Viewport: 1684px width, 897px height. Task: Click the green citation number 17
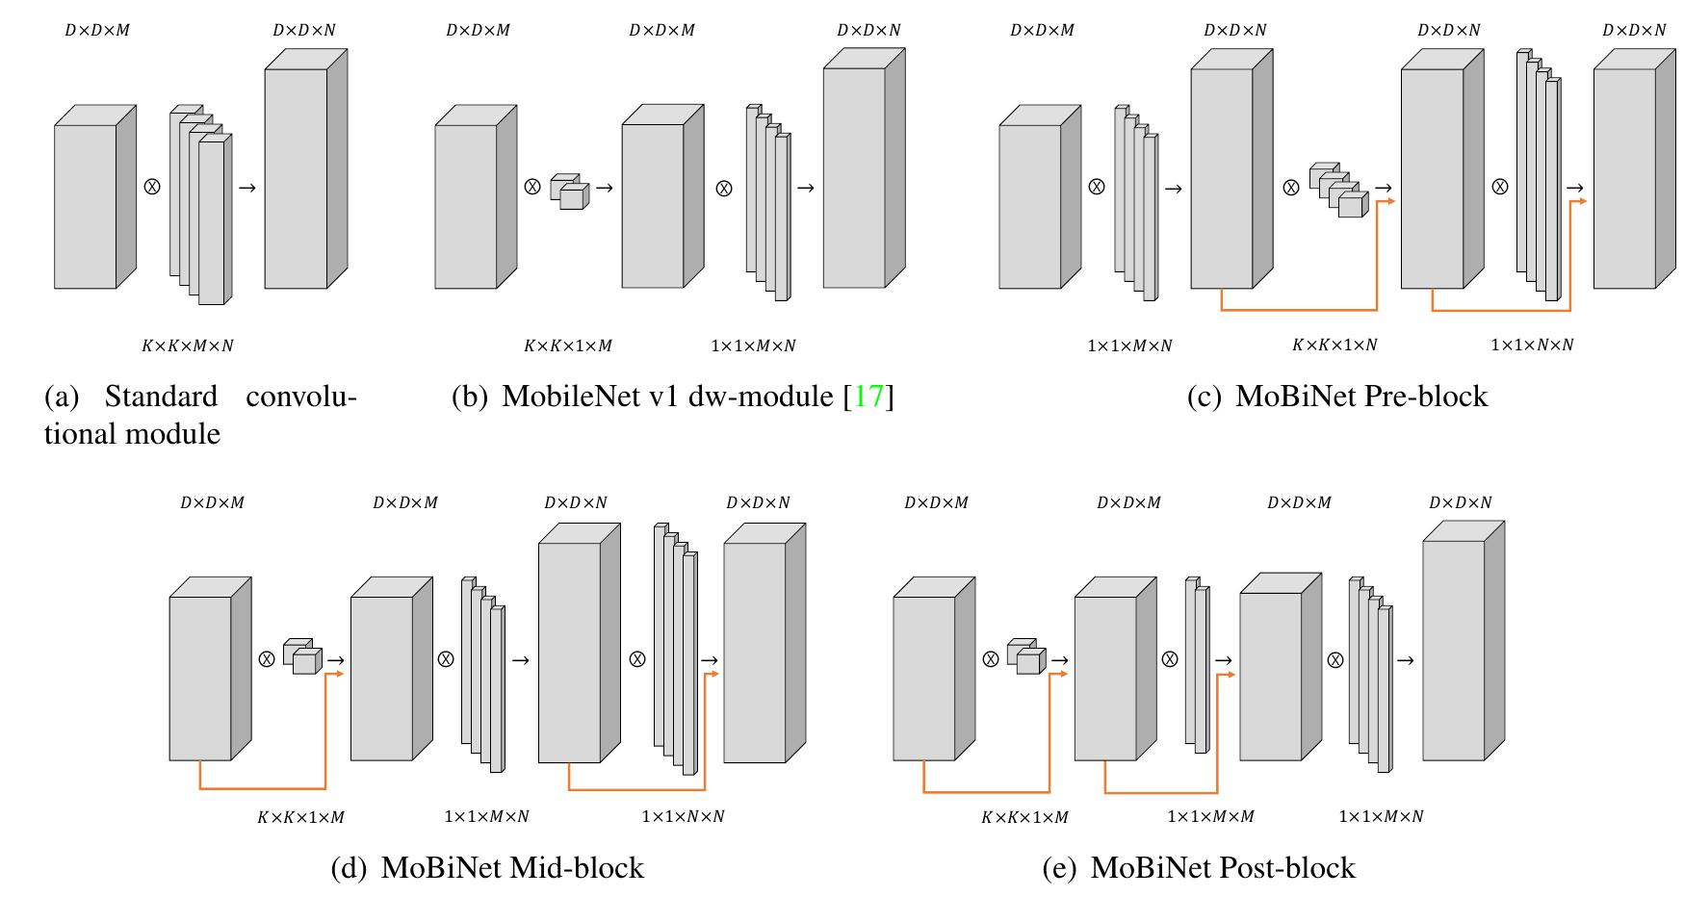click(868, 397)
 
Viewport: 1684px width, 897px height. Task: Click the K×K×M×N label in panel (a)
click(188, 345)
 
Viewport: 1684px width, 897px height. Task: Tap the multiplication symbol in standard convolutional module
click(151, 187)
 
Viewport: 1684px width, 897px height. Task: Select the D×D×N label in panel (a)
click(304, 30)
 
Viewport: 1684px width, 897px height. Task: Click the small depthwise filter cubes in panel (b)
click(568, 192)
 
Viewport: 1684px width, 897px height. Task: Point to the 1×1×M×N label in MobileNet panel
click(753, 345)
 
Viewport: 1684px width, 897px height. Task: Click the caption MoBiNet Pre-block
click(1337, 397)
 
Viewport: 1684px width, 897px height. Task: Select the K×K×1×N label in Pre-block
click(1334, 345)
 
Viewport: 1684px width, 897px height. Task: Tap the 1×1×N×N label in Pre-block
click(1532, 345)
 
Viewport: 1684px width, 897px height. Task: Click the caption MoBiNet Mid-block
click(487, 868)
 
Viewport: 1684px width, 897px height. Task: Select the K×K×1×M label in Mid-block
click(300, 817)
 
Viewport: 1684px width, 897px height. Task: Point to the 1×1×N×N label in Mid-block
click(683, 816)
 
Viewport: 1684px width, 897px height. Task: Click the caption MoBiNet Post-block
click(1199, 868)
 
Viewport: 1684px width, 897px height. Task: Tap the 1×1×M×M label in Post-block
click(1210, 816)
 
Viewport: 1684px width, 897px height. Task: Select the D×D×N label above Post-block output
click(1461, 502)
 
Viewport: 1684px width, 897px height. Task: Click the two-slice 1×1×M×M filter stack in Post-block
click(1197, 666)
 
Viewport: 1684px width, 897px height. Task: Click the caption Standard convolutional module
click(200, 415)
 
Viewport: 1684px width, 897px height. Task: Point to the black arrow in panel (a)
click(246, 187)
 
